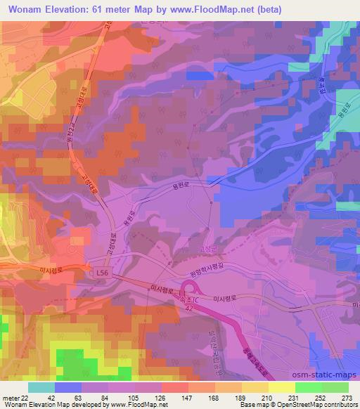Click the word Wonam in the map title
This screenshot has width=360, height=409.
(25, 10)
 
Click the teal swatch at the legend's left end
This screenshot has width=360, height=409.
(41, 387)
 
